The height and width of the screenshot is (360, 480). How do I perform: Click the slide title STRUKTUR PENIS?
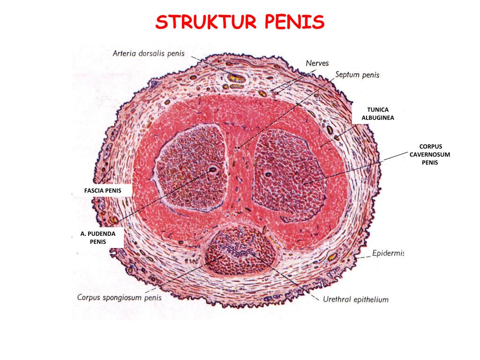240,22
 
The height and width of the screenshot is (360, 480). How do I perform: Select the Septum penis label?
357,75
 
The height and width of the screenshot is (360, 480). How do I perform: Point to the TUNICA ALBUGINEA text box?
377,114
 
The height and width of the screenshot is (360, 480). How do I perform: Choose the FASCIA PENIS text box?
103,191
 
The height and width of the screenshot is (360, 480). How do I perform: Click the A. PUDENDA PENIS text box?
98,237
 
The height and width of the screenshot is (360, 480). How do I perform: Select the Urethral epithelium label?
355,299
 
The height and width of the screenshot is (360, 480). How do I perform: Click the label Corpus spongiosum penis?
119,297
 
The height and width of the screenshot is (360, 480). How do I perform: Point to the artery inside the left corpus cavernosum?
213,170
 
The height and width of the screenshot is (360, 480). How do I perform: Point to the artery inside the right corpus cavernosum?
269,174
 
